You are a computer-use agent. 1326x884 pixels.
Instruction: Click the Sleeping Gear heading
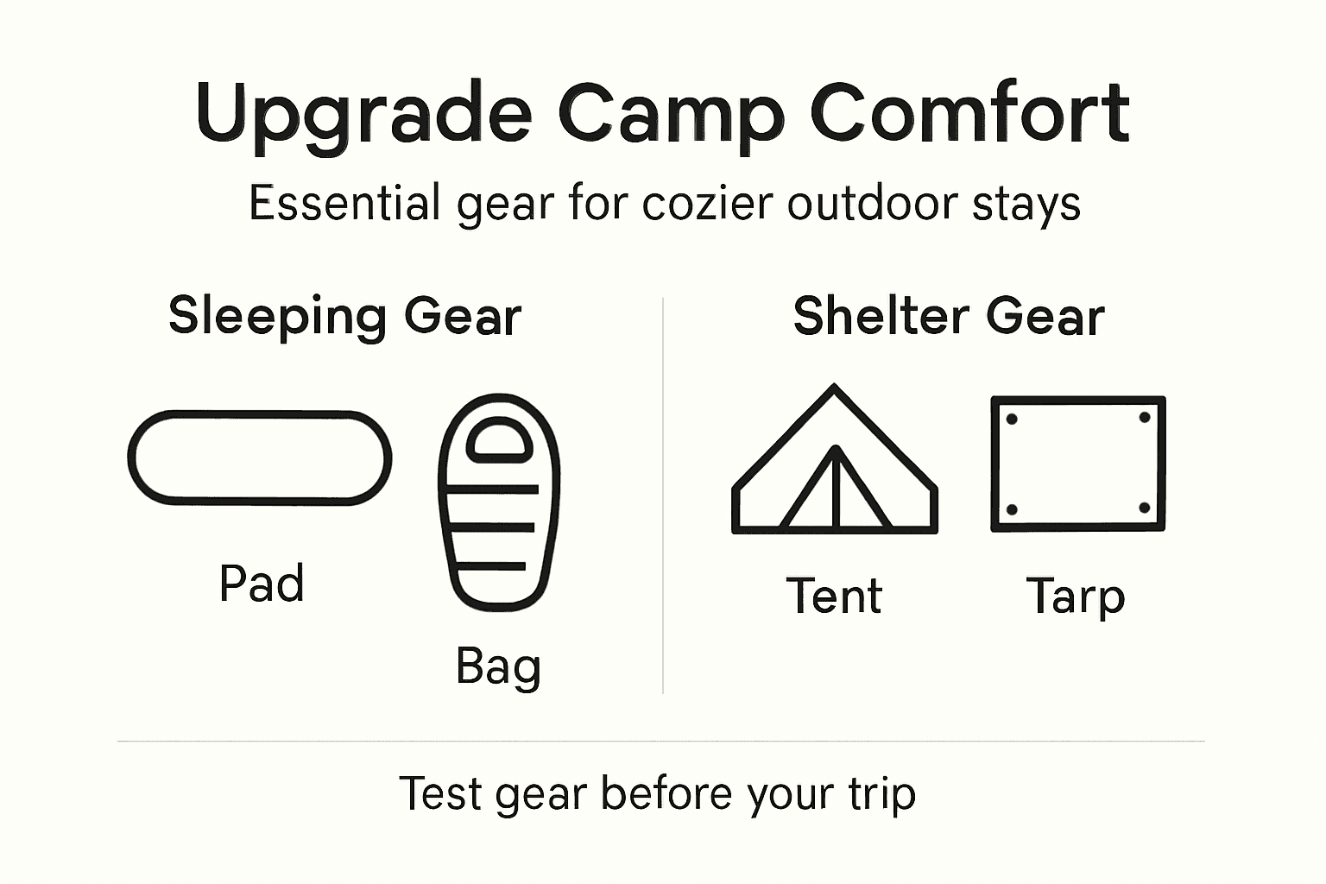click(344, 316)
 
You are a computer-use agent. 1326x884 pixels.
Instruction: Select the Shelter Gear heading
click(948, 316)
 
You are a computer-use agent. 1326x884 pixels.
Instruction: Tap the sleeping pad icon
click(259, 458)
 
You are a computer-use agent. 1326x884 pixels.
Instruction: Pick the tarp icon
click(1077, 464)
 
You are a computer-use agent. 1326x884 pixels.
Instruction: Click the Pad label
click(262, 584)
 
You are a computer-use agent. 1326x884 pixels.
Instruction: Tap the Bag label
click(498, 667)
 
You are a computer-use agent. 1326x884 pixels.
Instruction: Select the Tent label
click(834, 597)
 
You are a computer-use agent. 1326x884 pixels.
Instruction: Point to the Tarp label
click(1076, 597)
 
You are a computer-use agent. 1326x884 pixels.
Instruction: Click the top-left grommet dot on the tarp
click(1012, 419)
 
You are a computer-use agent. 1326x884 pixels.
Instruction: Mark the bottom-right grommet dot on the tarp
click(1145, 508)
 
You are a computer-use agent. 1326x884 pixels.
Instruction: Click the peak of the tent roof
click(834, 388)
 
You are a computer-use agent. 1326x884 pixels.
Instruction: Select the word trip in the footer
click(881, 793)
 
